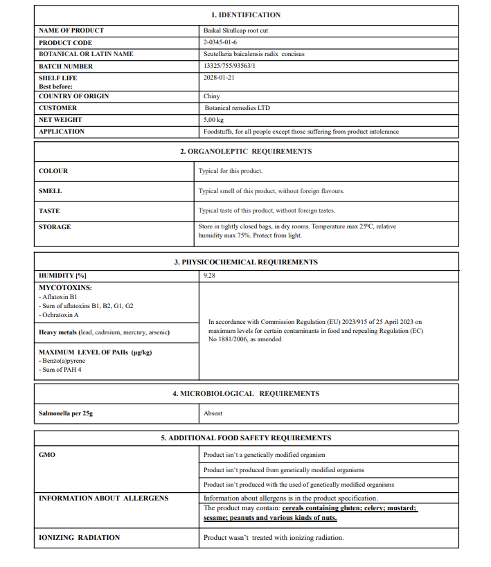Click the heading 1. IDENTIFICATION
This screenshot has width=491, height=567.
[246, 15]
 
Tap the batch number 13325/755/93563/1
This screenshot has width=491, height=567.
[235, 66]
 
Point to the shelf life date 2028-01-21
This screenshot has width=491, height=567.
[219, 78]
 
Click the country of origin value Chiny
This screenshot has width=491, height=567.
[212, 96]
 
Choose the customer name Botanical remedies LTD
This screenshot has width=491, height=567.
[238, 108]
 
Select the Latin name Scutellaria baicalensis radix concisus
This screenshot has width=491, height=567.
[254, 54]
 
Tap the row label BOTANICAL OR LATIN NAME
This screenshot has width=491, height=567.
[86, 54]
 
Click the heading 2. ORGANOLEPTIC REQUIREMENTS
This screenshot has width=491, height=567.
[246, 151]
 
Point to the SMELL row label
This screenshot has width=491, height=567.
[50, 191]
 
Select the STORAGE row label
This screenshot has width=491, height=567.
[55, 227]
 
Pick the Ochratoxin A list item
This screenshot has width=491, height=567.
[60, 315]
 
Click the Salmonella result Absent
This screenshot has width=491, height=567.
[213, 413]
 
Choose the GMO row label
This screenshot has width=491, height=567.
[47, 455]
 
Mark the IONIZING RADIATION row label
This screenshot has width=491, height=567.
[79, 537]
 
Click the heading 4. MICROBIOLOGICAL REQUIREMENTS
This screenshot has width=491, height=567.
[246, 393]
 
